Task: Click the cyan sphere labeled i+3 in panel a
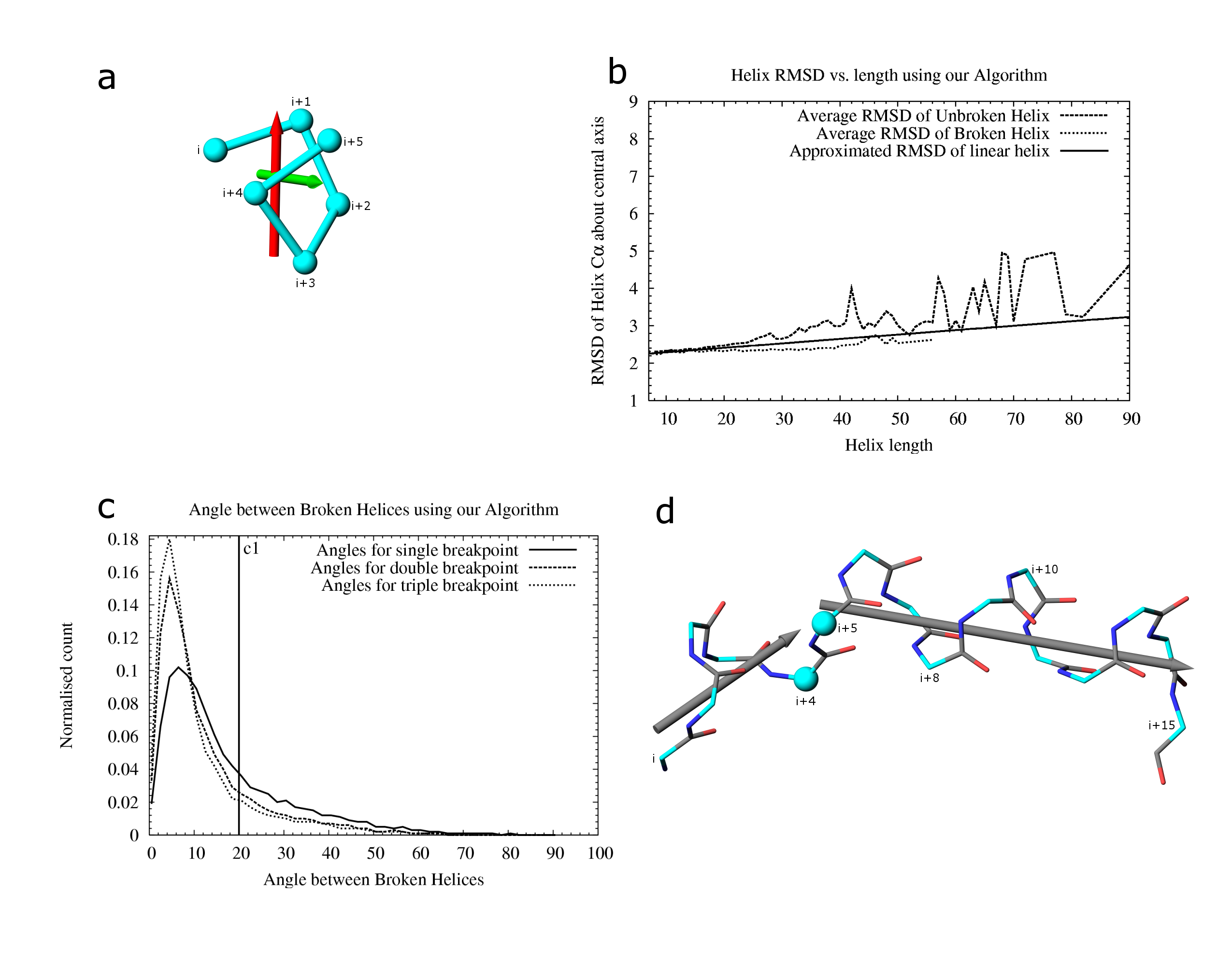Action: tap(305, 262)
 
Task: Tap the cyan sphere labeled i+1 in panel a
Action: tap(301, 121)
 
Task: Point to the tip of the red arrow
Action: tap(276, 111)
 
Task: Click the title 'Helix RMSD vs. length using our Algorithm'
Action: tap(888, 75)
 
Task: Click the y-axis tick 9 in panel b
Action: tap(633, 101)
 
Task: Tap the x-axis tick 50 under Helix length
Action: tap(900, 419)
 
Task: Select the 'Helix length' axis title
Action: tap(888, 446)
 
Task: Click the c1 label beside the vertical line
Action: tap(251, 548)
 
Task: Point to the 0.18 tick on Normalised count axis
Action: tap(123, 540)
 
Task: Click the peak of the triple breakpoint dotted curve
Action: tap(169, 540)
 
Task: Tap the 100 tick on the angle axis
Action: tap(600, 853)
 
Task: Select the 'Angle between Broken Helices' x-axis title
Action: tap(373, 880)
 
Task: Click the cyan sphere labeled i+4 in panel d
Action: tap(805, 679)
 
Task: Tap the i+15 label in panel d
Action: tap(1161, 726)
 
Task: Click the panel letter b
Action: tap(617, 73)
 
